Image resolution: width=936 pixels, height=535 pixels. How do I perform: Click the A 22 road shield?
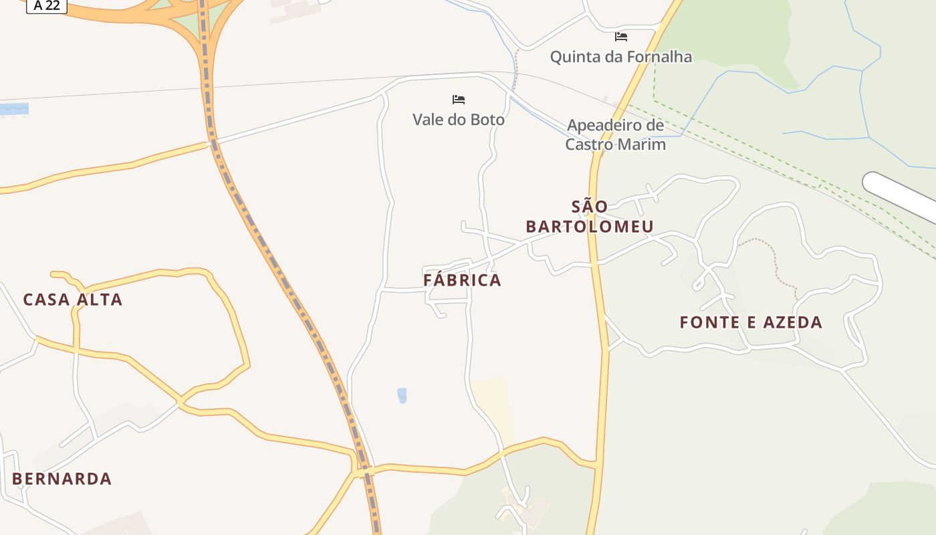pos(47,5)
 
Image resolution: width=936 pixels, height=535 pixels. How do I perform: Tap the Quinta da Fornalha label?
pos(620,57)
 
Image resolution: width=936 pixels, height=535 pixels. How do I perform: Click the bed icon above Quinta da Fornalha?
pos(621,36)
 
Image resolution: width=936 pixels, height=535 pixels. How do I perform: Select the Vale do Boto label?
pos(458,120)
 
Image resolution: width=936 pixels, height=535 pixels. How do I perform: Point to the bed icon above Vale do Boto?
pos(459,100)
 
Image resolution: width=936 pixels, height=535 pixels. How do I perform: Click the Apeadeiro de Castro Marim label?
pos(615,134)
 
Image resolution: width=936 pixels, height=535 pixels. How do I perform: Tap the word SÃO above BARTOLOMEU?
pos(589,206)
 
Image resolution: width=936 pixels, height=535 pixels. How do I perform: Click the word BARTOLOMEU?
pos(589,227)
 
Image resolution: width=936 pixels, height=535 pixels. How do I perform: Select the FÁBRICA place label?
pos(462,280)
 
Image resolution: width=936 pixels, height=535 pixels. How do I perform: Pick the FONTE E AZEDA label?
pos(751,322)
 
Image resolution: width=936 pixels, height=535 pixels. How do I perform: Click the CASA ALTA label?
pos(73,300)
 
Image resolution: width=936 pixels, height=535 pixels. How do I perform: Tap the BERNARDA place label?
pos(62,479)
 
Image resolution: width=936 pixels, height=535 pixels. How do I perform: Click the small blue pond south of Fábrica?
pos(402,395)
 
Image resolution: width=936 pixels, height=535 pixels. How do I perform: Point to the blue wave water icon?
pos(14,109)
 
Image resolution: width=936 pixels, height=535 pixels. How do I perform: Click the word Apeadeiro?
pos(606,125)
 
